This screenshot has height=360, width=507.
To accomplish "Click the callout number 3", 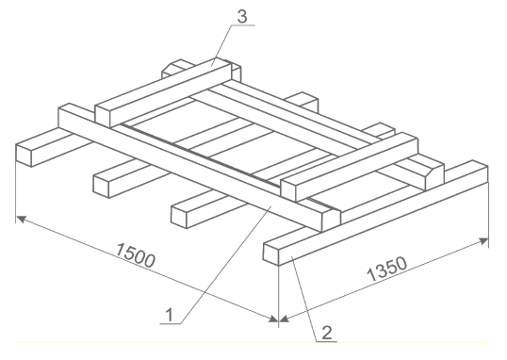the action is point(242,17).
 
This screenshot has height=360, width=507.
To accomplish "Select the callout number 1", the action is point(170,316).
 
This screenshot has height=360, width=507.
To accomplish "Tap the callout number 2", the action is point(327,333).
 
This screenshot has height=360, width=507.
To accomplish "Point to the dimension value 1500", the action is point(136,255).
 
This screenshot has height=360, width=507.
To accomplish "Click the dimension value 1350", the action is point(386,269).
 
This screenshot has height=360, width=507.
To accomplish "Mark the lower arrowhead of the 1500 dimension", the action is point(273,319).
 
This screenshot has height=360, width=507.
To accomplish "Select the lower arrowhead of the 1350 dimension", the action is point(284,319).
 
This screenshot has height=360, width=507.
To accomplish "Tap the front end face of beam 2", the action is point(271,254).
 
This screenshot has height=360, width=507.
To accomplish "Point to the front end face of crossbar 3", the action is point(104,116).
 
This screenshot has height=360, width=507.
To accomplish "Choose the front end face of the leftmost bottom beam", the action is point(24,155).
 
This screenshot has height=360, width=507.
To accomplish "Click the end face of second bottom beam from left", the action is point(101,186).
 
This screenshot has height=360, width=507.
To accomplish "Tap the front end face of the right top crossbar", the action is point(288,190).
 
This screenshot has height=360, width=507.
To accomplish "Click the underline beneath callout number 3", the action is point(243,25).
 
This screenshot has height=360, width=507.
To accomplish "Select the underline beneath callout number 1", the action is point(171,323).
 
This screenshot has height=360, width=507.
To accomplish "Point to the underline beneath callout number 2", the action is point(326,341).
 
